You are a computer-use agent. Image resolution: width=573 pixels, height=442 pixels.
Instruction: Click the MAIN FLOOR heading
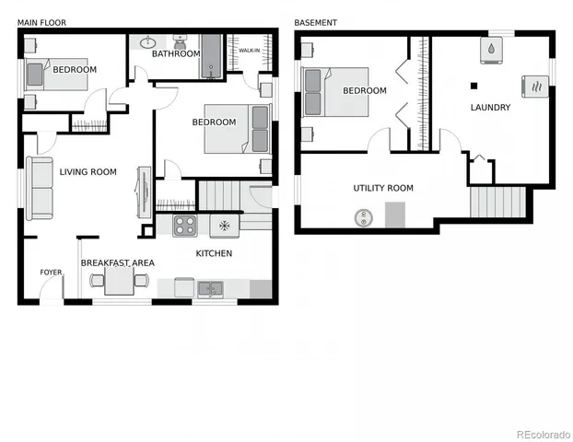[41, 22]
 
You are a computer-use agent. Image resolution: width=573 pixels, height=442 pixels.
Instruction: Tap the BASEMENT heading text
[315, 22]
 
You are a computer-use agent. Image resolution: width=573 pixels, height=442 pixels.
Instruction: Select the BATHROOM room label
[176, 54]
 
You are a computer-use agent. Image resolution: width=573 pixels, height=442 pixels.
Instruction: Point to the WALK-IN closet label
[249, 52]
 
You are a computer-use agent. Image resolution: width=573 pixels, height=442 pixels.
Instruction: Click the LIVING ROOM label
[88, 172]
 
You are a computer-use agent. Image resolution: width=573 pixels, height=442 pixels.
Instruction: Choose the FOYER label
[50, 273]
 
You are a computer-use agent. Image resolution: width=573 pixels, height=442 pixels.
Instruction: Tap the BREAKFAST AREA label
[117, 263]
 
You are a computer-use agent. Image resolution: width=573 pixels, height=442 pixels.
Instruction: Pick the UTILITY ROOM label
[383, 189]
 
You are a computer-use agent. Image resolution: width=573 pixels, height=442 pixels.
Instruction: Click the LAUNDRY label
[490, 108]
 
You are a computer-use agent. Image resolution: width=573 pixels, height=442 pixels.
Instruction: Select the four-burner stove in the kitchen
[185, 225]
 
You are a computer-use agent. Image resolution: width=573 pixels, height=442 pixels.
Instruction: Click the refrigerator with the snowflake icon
[224, 225]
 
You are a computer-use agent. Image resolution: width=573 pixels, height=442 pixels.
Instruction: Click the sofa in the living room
[40, 188]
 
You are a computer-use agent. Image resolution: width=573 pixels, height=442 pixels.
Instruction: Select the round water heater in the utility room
[361, 217]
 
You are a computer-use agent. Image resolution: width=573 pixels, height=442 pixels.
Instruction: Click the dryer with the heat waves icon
[534, 86]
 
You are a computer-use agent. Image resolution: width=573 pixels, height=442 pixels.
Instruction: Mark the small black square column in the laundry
[474, 86]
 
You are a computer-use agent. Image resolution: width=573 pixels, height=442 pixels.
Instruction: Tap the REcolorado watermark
[544, 434]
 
